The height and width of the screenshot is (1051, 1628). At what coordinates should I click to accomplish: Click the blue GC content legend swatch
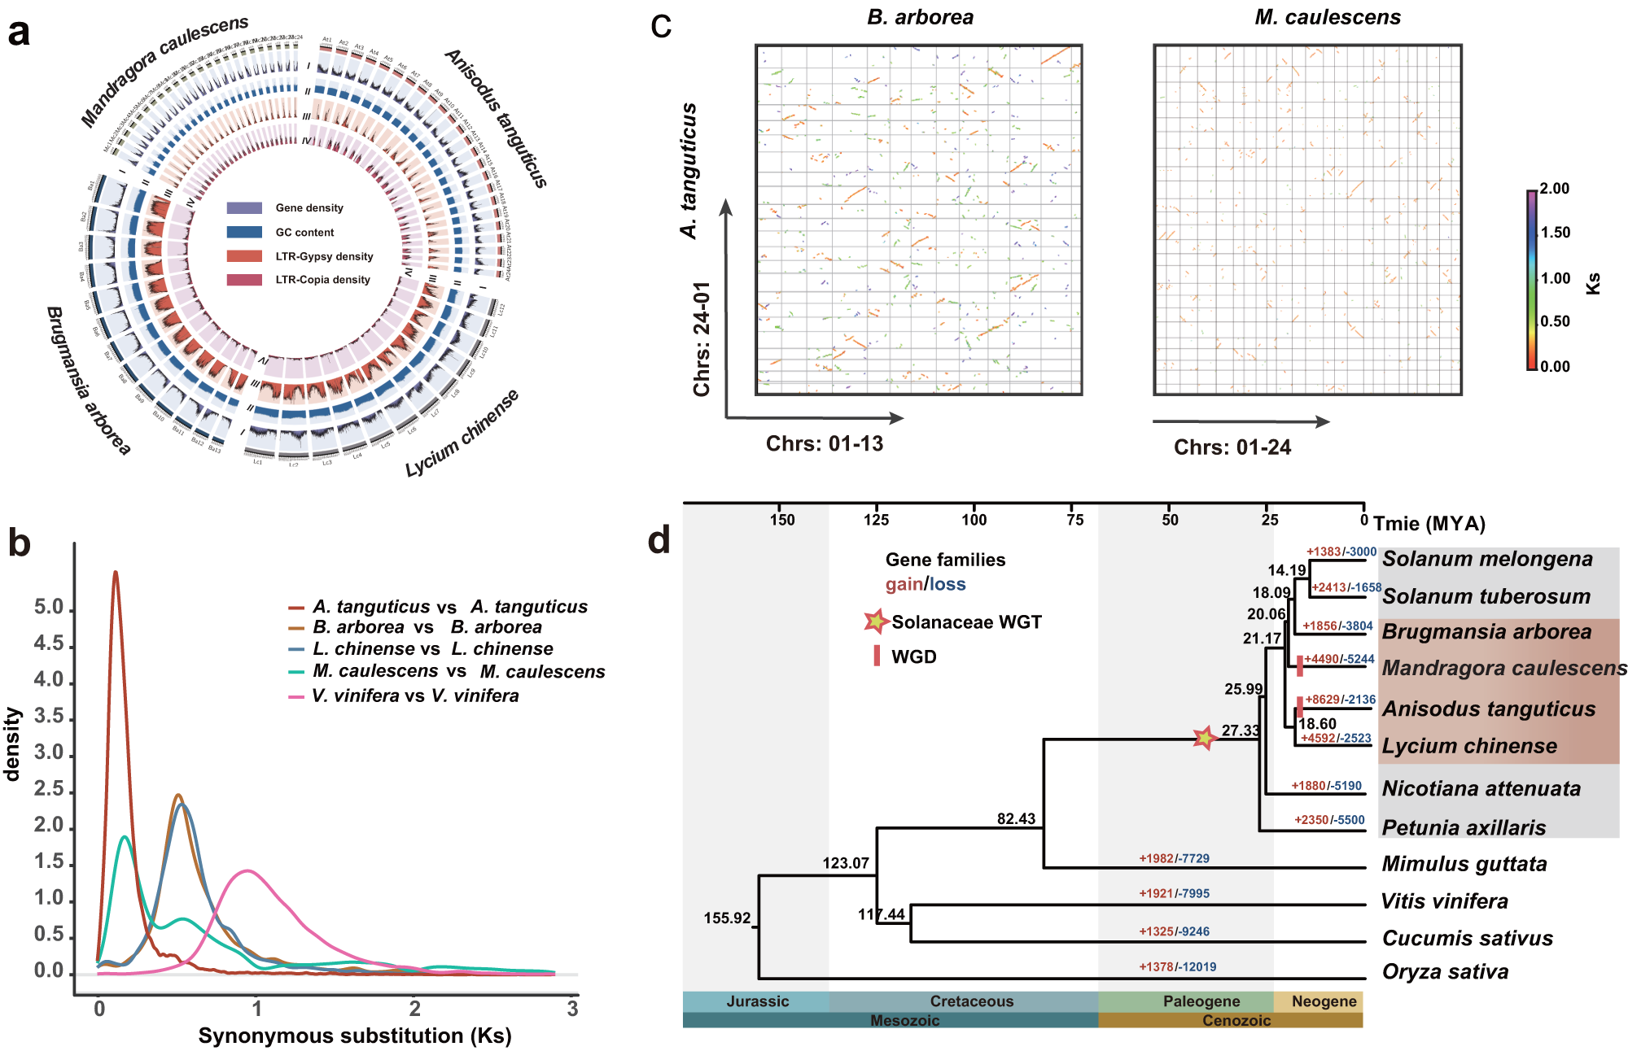point(244,232)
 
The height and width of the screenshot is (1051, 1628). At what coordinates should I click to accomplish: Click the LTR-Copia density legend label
point(322,279)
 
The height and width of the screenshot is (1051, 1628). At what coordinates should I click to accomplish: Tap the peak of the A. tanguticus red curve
point(116,573)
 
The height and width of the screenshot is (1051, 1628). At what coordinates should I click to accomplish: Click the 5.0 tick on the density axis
point(49,607)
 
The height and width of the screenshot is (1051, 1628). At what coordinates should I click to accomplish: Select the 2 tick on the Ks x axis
point(415,1009)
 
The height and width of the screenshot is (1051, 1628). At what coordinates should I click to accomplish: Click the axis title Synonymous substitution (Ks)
point(355,1036)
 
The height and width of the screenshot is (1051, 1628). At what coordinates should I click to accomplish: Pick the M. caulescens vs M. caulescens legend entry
point(458,671)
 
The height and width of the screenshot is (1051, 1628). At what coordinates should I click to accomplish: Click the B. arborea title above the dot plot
point(920,17)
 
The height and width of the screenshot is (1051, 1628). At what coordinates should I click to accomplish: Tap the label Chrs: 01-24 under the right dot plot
point(1232,447)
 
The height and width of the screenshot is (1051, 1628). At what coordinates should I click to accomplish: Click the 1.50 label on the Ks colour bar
point(1556,232)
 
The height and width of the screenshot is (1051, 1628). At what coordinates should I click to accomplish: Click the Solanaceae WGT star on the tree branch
point(1204,738)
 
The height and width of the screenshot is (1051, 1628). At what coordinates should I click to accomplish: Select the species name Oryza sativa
point(1445,971)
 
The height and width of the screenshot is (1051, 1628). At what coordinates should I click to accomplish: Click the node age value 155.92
point(727,918)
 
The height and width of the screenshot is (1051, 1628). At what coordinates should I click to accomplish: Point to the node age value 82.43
point(1016,818)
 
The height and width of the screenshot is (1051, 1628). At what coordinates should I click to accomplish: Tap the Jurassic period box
point(756,1001)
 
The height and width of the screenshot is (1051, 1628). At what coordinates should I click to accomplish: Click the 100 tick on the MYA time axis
point(974,520)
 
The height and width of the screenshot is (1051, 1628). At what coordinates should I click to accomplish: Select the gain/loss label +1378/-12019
point(1177,966)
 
